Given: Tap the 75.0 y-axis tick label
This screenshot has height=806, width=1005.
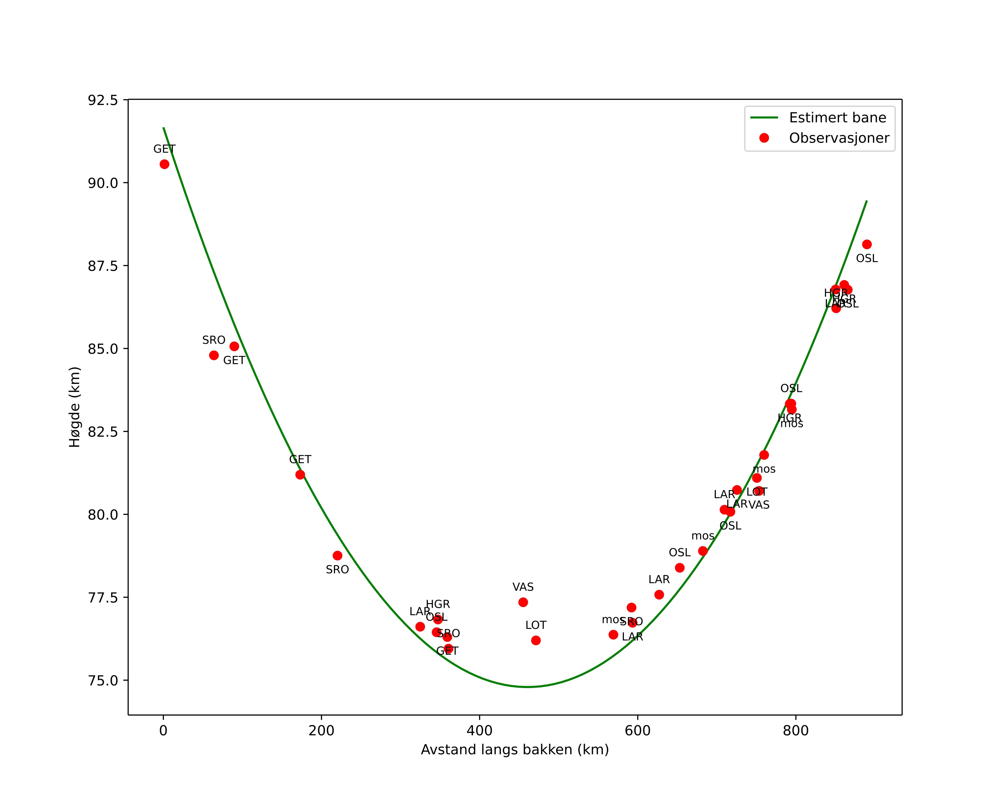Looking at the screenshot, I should tap(103, 680).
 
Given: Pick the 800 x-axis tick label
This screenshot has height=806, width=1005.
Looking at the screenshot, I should tap(795, 731).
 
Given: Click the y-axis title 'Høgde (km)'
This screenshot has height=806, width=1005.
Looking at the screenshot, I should tap(75, 407).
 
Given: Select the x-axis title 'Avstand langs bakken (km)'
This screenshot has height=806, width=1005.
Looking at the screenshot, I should tap(515, 750).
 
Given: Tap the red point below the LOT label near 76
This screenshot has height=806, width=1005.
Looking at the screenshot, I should tap(536, 640).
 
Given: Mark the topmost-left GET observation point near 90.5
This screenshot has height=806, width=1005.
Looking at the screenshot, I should tap(164, 164).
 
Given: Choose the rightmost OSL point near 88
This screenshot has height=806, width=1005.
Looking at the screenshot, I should tap(867, 245).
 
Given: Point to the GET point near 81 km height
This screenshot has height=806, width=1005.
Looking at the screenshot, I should tap(300, 475).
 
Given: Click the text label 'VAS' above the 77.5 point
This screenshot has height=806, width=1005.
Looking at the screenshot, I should tap(523, 587).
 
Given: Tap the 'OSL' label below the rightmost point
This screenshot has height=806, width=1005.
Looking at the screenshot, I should tap(867, 259).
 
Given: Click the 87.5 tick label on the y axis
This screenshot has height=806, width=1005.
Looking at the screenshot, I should tap(103, 266).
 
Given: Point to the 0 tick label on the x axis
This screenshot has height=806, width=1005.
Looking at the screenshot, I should tap(163, 731).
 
